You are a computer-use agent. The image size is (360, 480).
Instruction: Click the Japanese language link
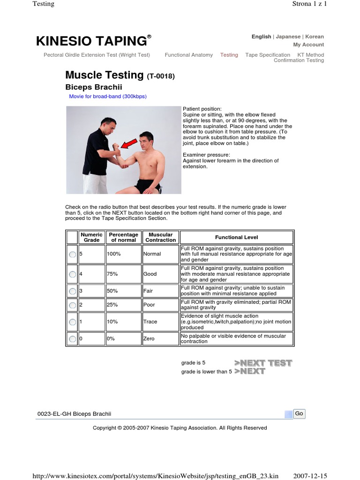coord(288,37)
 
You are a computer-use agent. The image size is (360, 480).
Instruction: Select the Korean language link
coord(315,37)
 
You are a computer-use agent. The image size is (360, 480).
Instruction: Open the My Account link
coord(308,45)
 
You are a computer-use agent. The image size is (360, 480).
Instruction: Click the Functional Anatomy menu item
coord(188,55)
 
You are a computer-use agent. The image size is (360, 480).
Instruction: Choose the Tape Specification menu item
coord(267,55)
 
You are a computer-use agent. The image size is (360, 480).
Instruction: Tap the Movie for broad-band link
coord(108,97)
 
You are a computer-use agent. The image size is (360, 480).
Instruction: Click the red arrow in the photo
coord(129,144)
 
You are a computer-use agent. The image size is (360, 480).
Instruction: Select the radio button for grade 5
coord(72,254)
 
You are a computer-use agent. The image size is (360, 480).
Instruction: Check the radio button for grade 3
coord(72,291)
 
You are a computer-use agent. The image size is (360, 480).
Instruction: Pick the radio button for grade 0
coord(72,339)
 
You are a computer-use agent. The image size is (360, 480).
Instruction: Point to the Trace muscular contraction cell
coord(150,322)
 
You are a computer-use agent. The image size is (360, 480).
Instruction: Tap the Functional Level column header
coord(236,237)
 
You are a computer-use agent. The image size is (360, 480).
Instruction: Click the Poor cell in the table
coord(149,305)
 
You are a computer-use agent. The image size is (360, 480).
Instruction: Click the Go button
coord(300,413)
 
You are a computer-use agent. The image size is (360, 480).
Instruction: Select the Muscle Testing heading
coord(104,75)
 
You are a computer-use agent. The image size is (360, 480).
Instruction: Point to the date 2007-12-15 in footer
coord(309,476)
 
